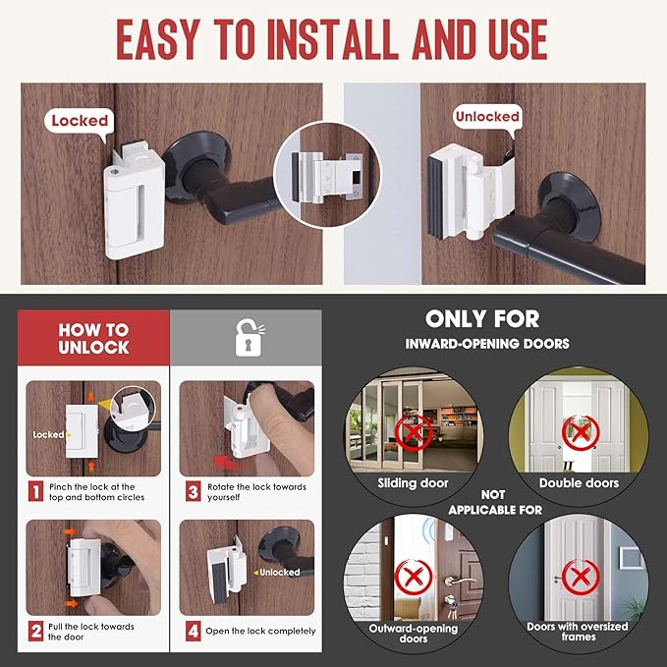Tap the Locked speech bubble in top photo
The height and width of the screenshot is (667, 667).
click(x=79, y=121)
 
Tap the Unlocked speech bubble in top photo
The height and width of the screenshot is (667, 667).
click(x=486, y=116)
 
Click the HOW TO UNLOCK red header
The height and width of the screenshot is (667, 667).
click(x=92, y=339)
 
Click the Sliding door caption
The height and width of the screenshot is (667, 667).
click(x=413, y=483)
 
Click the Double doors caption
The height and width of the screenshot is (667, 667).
click(x=579, y=483)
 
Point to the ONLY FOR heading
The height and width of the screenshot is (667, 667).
click(x=495, y=318)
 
